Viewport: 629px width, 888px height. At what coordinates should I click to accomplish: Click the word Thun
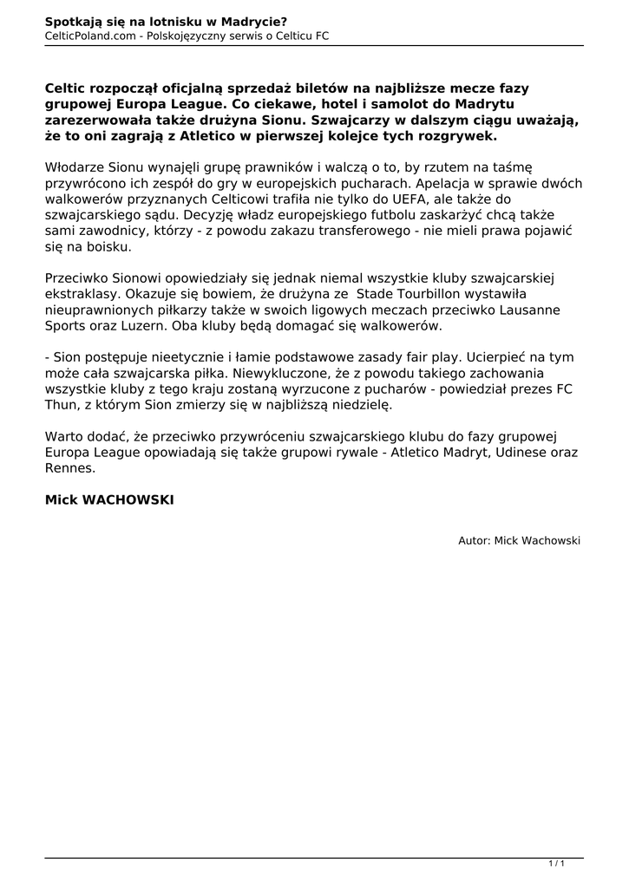click(x=61, y=404)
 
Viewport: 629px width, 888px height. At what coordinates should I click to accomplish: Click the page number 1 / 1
click(x=557, y=863)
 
